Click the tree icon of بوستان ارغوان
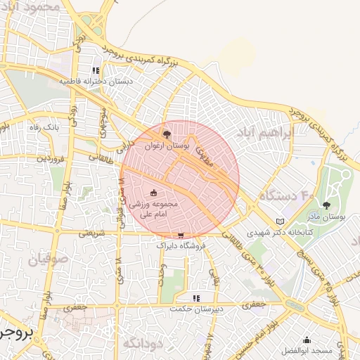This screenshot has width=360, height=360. pos(167,133)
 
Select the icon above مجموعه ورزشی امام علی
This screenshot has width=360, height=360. pos(154,193)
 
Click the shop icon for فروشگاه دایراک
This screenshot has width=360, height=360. pos(181,236)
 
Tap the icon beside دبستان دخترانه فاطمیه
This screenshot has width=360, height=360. pos(96,70)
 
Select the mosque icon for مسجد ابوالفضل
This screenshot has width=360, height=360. pos(307,338)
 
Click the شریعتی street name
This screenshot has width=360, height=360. pos(92,231)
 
